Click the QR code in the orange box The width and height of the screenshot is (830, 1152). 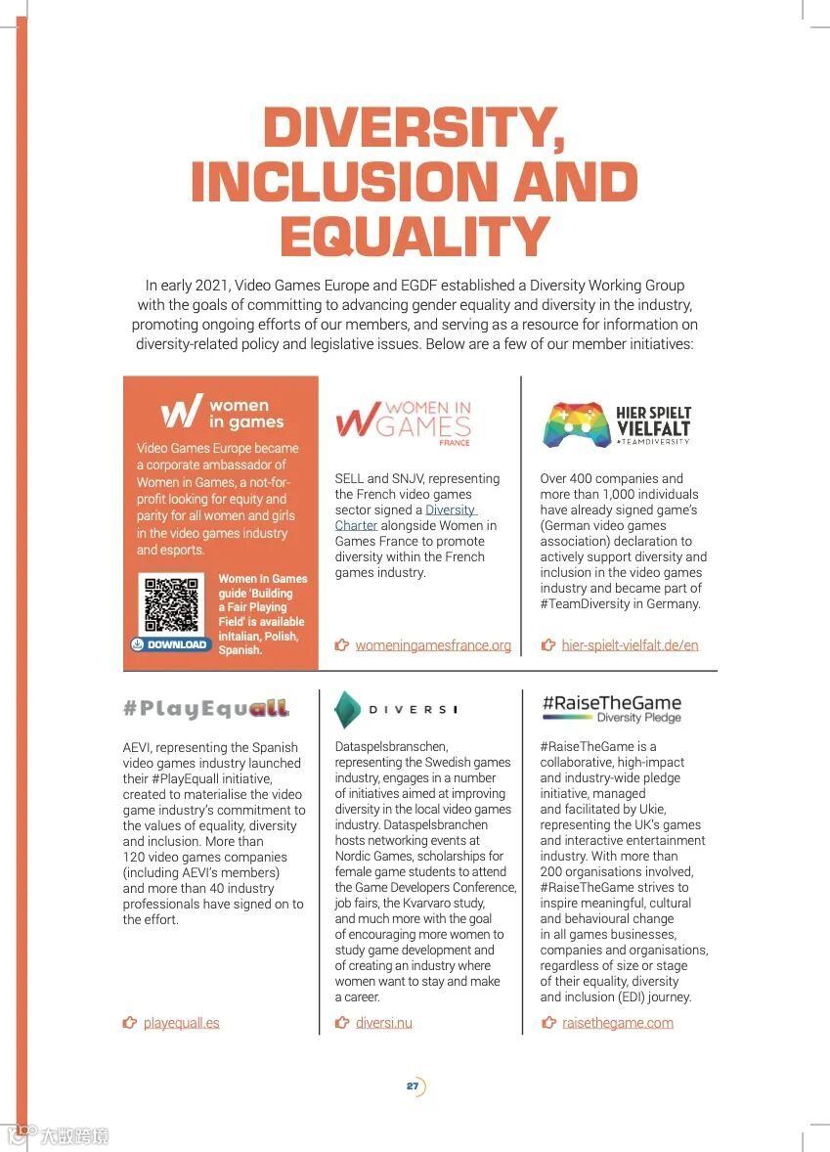coord(172,605)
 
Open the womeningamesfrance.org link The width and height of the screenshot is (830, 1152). coord(433,645)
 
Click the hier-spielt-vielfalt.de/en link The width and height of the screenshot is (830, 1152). coord(630,645)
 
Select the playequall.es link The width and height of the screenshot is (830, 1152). coord(181,1023)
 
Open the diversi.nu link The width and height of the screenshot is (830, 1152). coord(383,1023)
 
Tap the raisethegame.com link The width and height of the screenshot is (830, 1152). coord(617,1023)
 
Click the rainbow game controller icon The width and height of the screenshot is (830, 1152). coord(576,423)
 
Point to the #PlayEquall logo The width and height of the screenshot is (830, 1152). coord(206,708)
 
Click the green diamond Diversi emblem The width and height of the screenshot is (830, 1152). coord(347,709)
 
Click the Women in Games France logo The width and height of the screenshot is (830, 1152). coord(403,422)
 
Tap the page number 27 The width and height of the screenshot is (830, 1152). coord(414,1086)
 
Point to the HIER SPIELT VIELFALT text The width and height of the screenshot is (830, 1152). coord(653,421)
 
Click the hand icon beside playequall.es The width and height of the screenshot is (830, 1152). coord(130,1023)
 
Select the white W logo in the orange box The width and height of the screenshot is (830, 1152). coord(182,412)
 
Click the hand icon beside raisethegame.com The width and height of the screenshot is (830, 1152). coord(548,1023)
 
